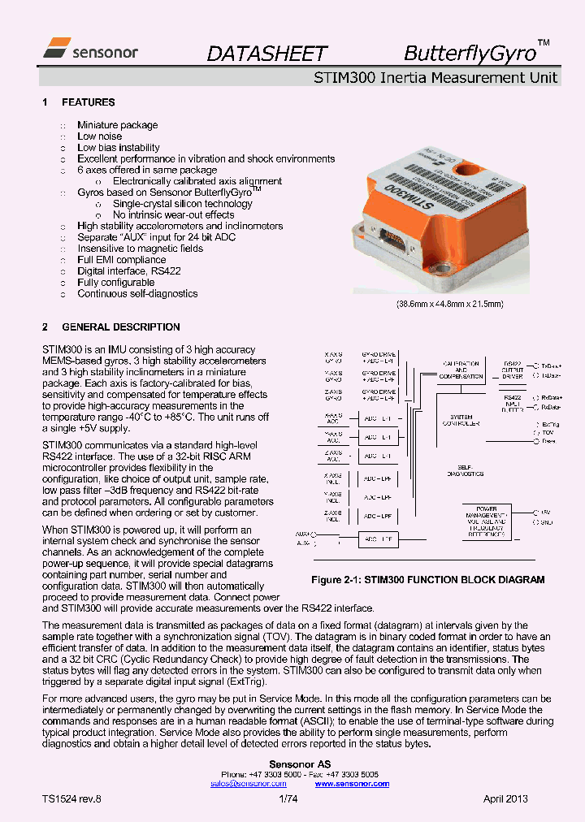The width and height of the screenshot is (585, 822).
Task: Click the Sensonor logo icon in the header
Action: click(x=56, y=46)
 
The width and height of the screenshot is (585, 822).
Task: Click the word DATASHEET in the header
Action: click(x=266, y=54)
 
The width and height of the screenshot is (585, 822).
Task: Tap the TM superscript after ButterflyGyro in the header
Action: click(x=544, y=42)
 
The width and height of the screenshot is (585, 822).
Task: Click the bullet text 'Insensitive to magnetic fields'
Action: click(x=140, y=249)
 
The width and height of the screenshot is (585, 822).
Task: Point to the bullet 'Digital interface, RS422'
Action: click(x=128, y=271)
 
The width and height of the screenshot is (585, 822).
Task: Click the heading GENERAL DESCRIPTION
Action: click(x=121, y=327)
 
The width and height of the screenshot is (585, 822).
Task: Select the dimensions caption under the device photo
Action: click(x=450, y=304)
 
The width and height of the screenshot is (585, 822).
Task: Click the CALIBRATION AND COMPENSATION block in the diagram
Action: click(x=461, y=370)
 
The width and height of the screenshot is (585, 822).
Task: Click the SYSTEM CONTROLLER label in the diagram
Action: click(x=461, y=420)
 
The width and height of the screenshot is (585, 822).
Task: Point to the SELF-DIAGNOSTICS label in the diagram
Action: click(x=465, y=470)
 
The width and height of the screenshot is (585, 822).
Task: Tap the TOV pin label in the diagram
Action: click(x=548, y=433)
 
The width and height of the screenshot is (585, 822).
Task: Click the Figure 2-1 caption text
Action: click(x=428, y=580)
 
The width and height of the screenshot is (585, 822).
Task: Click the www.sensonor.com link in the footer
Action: click(x=352, y=784)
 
